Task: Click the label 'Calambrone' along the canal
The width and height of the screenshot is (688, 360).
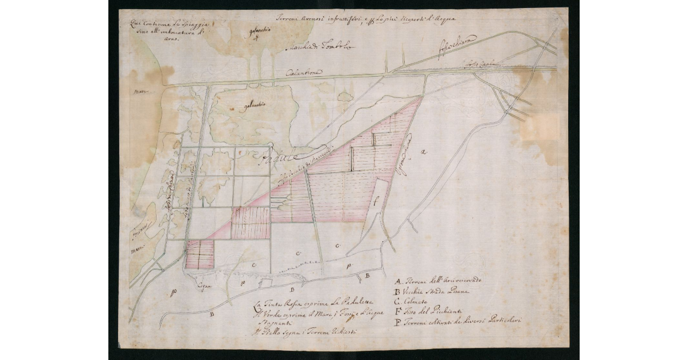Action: (x=304, y=73)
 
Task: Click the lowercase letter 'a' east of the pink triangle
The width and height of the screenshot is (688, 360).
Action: (x=423, y=152)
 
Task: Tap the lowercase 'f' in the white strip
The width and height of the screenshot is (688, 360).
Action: (x=376, y=201)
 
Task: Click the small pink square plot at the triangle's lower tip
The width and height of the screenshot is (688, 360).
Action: (x=200, y=254)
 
